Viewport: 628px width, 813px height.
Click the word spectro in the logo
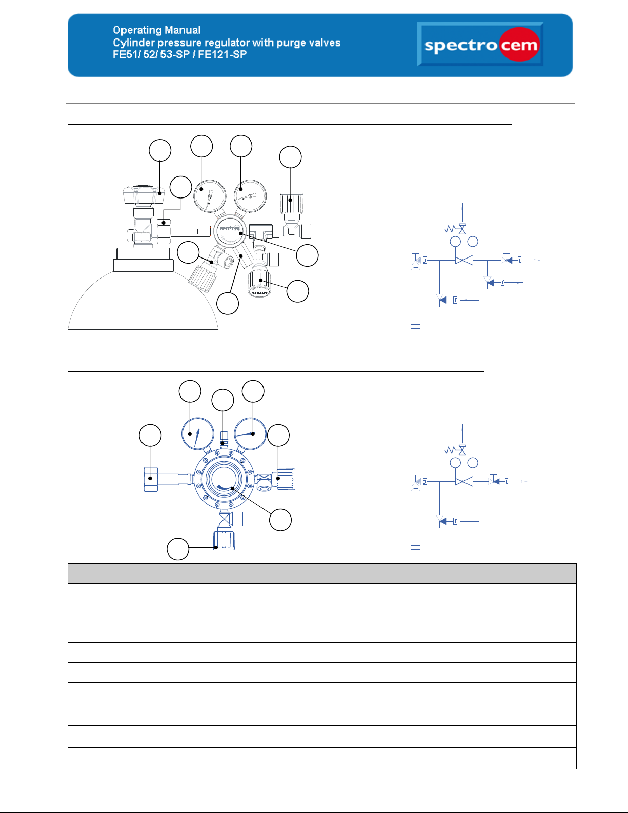click(460, 46)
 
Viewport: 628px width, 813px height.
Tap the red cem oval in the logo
click(519, 46)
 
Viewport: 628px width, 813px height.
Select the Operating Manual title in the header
click(156, 30)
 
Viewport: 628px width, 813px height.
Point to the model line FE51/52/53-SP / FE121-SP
click(179, 54)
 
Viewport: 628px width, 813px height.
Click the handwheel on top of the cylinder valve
click(143, 195)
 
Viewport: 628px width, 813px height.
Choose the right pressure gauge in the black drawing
click(250, 195)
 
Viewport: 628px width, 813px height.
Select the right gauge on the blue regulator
click(250, 433)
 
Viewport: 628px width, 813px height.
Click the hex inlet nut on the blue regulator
click(151, 479)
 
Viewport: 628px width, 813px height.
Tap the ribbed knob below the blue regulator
click(224, 540)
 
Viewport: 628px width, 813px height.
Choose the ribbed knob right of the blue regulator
click(286, 479)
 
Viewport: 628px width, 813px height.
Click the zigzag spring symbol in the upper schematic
click(451, 229)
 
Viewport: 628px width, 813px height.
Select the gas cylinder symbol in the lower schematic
click(415, 518)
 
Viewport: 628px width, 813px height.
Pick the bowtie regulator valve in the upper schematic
click(464, 261)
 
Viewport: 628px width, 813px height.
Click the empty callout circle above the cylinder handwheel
click(160, 150)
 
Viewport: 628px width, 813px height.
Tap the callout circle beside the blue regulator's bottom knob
click(178, 549)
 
